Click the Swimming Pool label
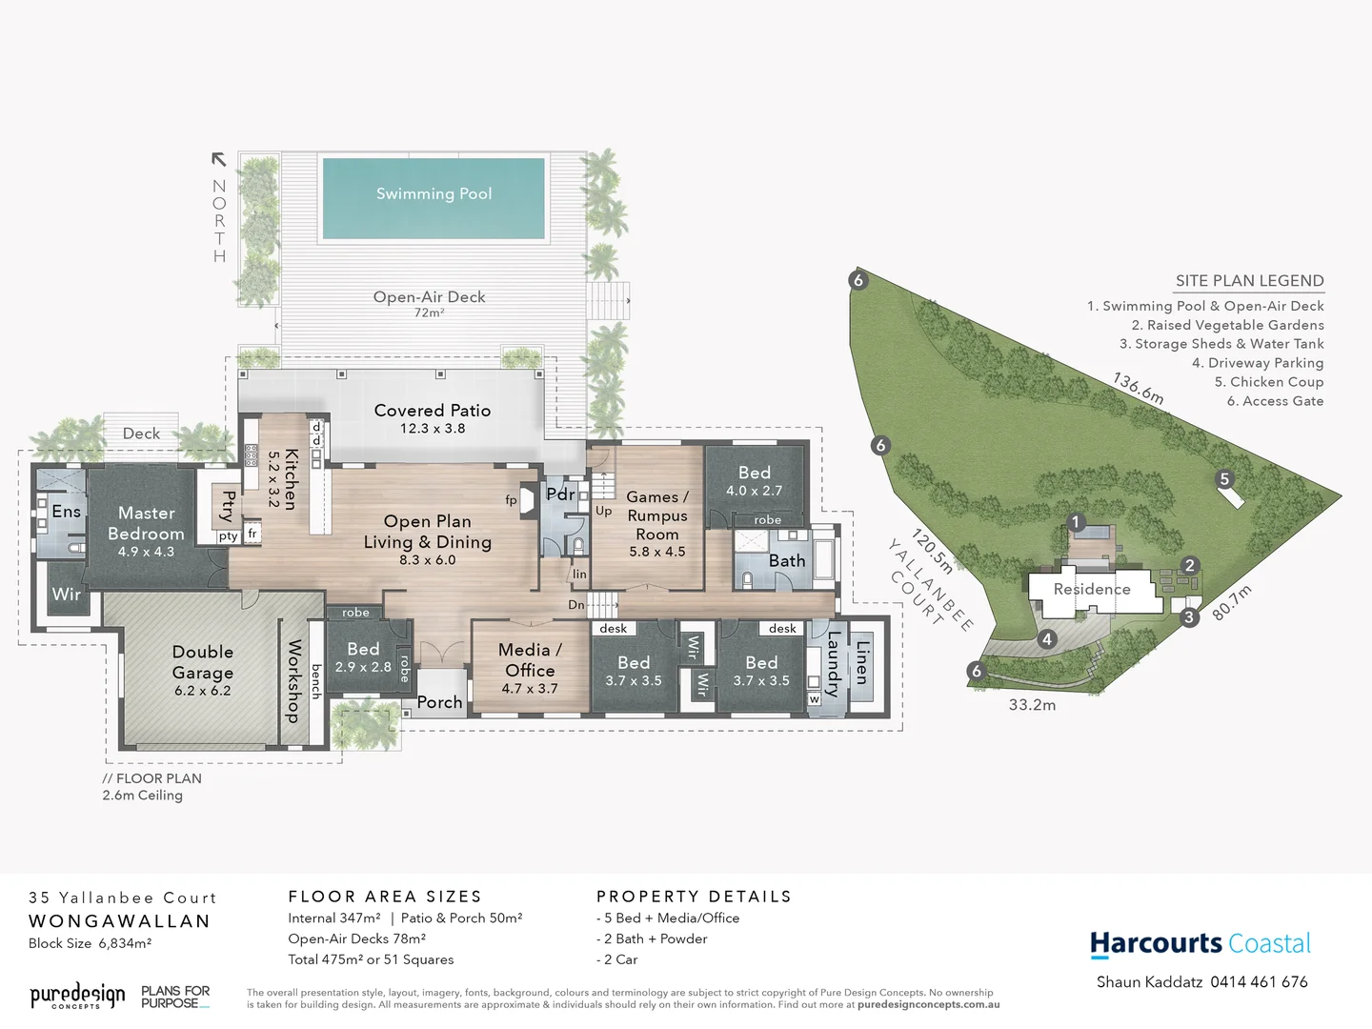pos(434,193)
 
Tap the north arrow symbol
pos(219,160)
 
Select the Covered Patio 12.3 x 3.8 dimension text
pos(433,429)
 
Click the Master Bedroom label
pos(146,523)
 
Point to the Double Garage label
pos(202,661)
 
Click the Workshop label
pos(294,680)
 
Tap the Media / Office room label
pos(530,659)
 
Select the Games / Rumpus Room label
pos(656,515)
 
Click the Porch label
pos(439,702)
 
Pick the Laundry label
pos(834,663)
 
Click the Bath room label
pos(787,560)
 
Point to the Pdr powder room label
pos(560,494)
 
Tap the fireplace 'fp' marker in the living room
pos(512,499)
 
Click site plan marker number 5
pos(1225,479)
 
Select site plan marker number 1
pos(1076,521)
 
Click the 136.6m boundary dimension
pos(1138,388)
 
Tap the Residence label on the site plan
pos(1092,589)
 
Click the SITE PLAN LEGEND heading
pos(1249,280)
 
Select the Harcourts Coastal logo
pos(1200,943)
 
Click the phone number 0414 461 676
pos(1259,981)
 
